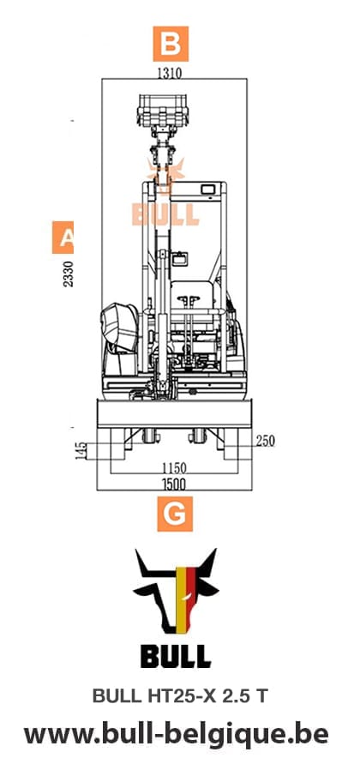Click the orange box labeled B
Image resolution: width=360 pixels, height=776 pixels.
[x=170, y=42]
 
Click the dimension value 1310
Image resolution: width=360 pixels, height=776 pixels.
[x=169, y=73]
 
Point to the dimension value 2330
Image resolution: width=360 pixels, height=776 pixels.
[x=69, y=274]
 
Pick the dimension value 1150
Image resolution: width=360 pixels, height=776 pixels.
[x=175, y=469]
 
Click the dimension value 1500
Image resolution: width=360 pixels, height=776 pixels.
[x=175, y=485]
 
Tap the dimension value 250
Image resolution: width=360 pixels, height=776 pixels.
[x=265, y=441]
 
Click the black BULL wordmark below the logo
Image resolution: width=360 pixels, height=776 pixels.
[x=175, y=657]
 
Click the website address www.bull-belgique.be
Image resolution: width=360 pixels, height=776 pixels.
[x=175, y=734]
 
